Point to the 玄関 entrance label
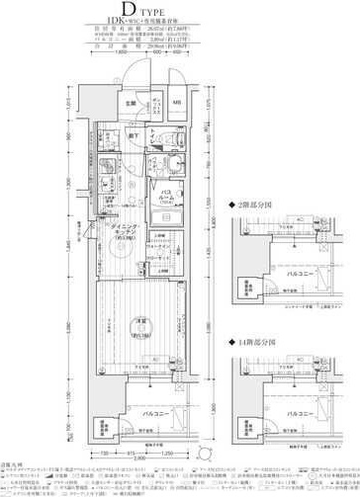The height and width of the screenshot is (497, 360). point(130,103)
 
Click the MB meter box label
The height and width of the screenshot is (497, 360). point(177,102)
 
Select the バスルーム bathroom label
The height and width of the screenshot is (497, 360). point(164,198)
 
